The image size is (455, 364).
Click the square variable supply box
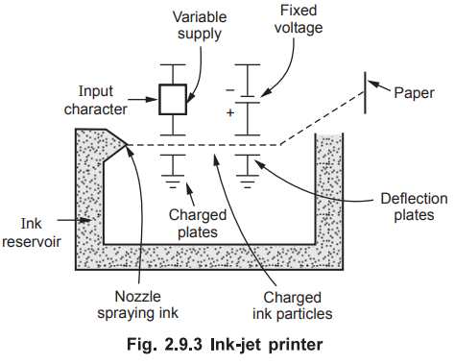click(173, 99)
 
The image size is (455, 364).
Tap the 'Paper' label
click(414, 93)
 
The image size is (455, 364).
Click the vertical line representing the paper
click(365, 93)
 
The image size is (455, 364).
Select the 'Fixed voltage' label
click(299, 19)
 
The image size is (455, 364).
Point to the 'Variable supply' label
click(200, 25)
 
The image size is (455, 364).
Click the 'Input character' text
click(96, 100)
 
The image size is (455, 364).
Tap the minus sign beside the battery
click(230, 90)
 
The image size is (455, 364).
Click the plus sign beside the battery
click(230, 112)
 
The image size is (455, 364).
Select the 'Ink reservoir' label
click(32, 232)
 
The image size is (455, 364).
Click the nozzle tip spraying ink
click(126, 145)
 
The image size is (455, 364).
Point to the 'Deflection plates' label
click(414, 206)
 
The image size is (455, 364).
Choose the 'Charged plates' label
click(198, 224)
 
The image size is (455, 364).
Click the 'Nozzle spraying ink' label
click(137, 304)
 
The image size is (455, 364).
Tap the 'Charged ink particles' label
click(293, 305)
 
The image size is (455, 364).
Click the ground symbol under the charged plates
click(173, 182)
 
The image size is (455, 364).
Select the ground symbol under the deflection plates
click(248, 182)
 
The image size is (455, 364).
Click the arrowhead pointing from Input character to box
click(152, 99)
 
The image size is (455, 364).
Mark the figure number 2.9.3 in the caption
click(183, 345)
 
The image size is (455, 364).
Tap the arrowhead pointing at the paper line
click(373, 85)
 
